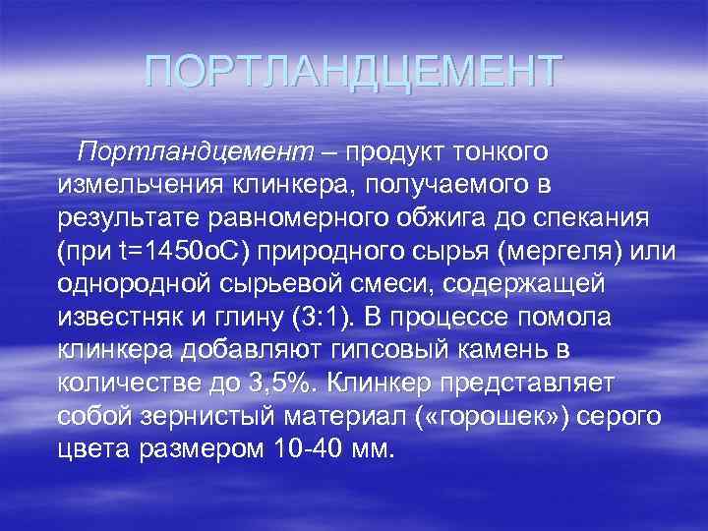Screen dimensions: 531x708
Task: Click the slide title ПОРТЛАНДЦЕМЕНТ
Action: [353, 72]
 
